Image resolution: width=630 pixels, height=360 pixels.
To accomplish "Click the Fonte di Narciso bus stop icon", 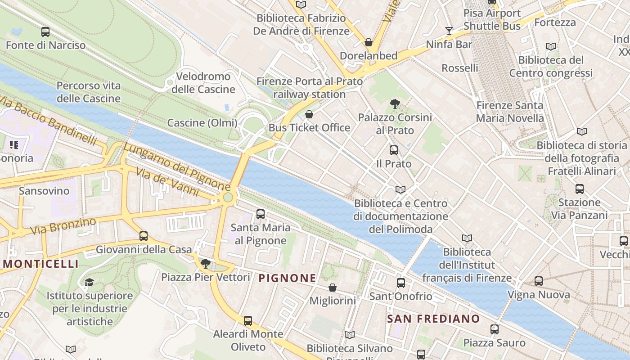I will click(x=45, y=32).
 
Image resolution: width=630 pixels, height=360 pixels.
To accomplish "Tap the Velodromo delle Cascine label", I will click(x=203, y=83).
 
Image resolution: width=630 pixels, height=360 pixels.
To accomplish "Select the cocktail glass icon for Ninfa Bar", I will click(x=449, y=31).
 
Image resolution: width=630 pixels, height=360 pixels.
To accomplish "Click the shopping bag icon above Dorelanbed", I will click(x=369, y=43).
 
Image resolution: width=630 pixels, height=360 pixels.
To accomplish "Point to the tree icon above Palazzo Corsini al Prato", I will click(x=395, y=104).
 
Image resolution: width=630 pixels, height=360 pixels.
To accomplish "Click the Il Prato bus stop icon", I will click(x=394, y=150).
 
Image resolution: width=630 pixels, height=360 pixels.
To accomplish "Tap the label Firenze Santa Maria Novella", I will click(x=510, y=112).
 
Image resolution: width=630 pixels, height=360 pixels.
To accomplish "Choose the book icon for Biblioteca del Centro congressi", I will click(x=550, y=46).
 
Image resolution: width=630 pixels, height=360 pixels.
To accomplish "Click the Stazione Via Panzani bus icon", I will click(x=580, y=189).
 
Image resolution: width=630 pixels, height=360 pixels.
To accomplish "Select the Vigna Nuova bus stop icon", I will click(x=539, y=282).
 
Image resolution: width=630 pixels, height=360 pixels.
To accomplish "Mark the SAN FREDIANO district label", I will click(x=434, y=319).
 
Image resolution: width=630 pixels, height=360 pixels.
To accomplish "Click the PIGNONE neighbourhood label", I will click(x=288, y=278).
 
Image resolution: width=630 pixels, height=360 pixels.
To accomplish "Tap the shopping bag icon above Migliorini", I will click(x=333, y=288).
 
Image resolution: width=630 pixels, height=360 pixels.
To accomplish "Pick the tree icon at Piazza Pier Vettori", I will click(x=206, y=263).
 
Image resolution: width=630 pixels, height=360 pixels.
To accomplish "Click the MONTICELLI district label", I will click(x=40, y=264).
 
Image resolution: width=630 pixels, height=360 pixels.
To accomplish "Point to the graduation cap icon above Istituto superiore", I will click(x=90, y=282).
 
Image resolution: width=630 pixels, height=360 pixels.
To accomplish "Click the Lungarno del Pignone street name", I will click(x=176, y=166).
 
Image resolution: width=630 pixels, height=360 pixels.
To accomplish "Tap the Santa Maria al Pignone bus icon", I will click(x=261, y=214).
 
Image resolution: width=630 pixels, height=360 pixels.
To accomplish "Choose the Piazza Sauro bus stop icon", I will click(x=495, y=329).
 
